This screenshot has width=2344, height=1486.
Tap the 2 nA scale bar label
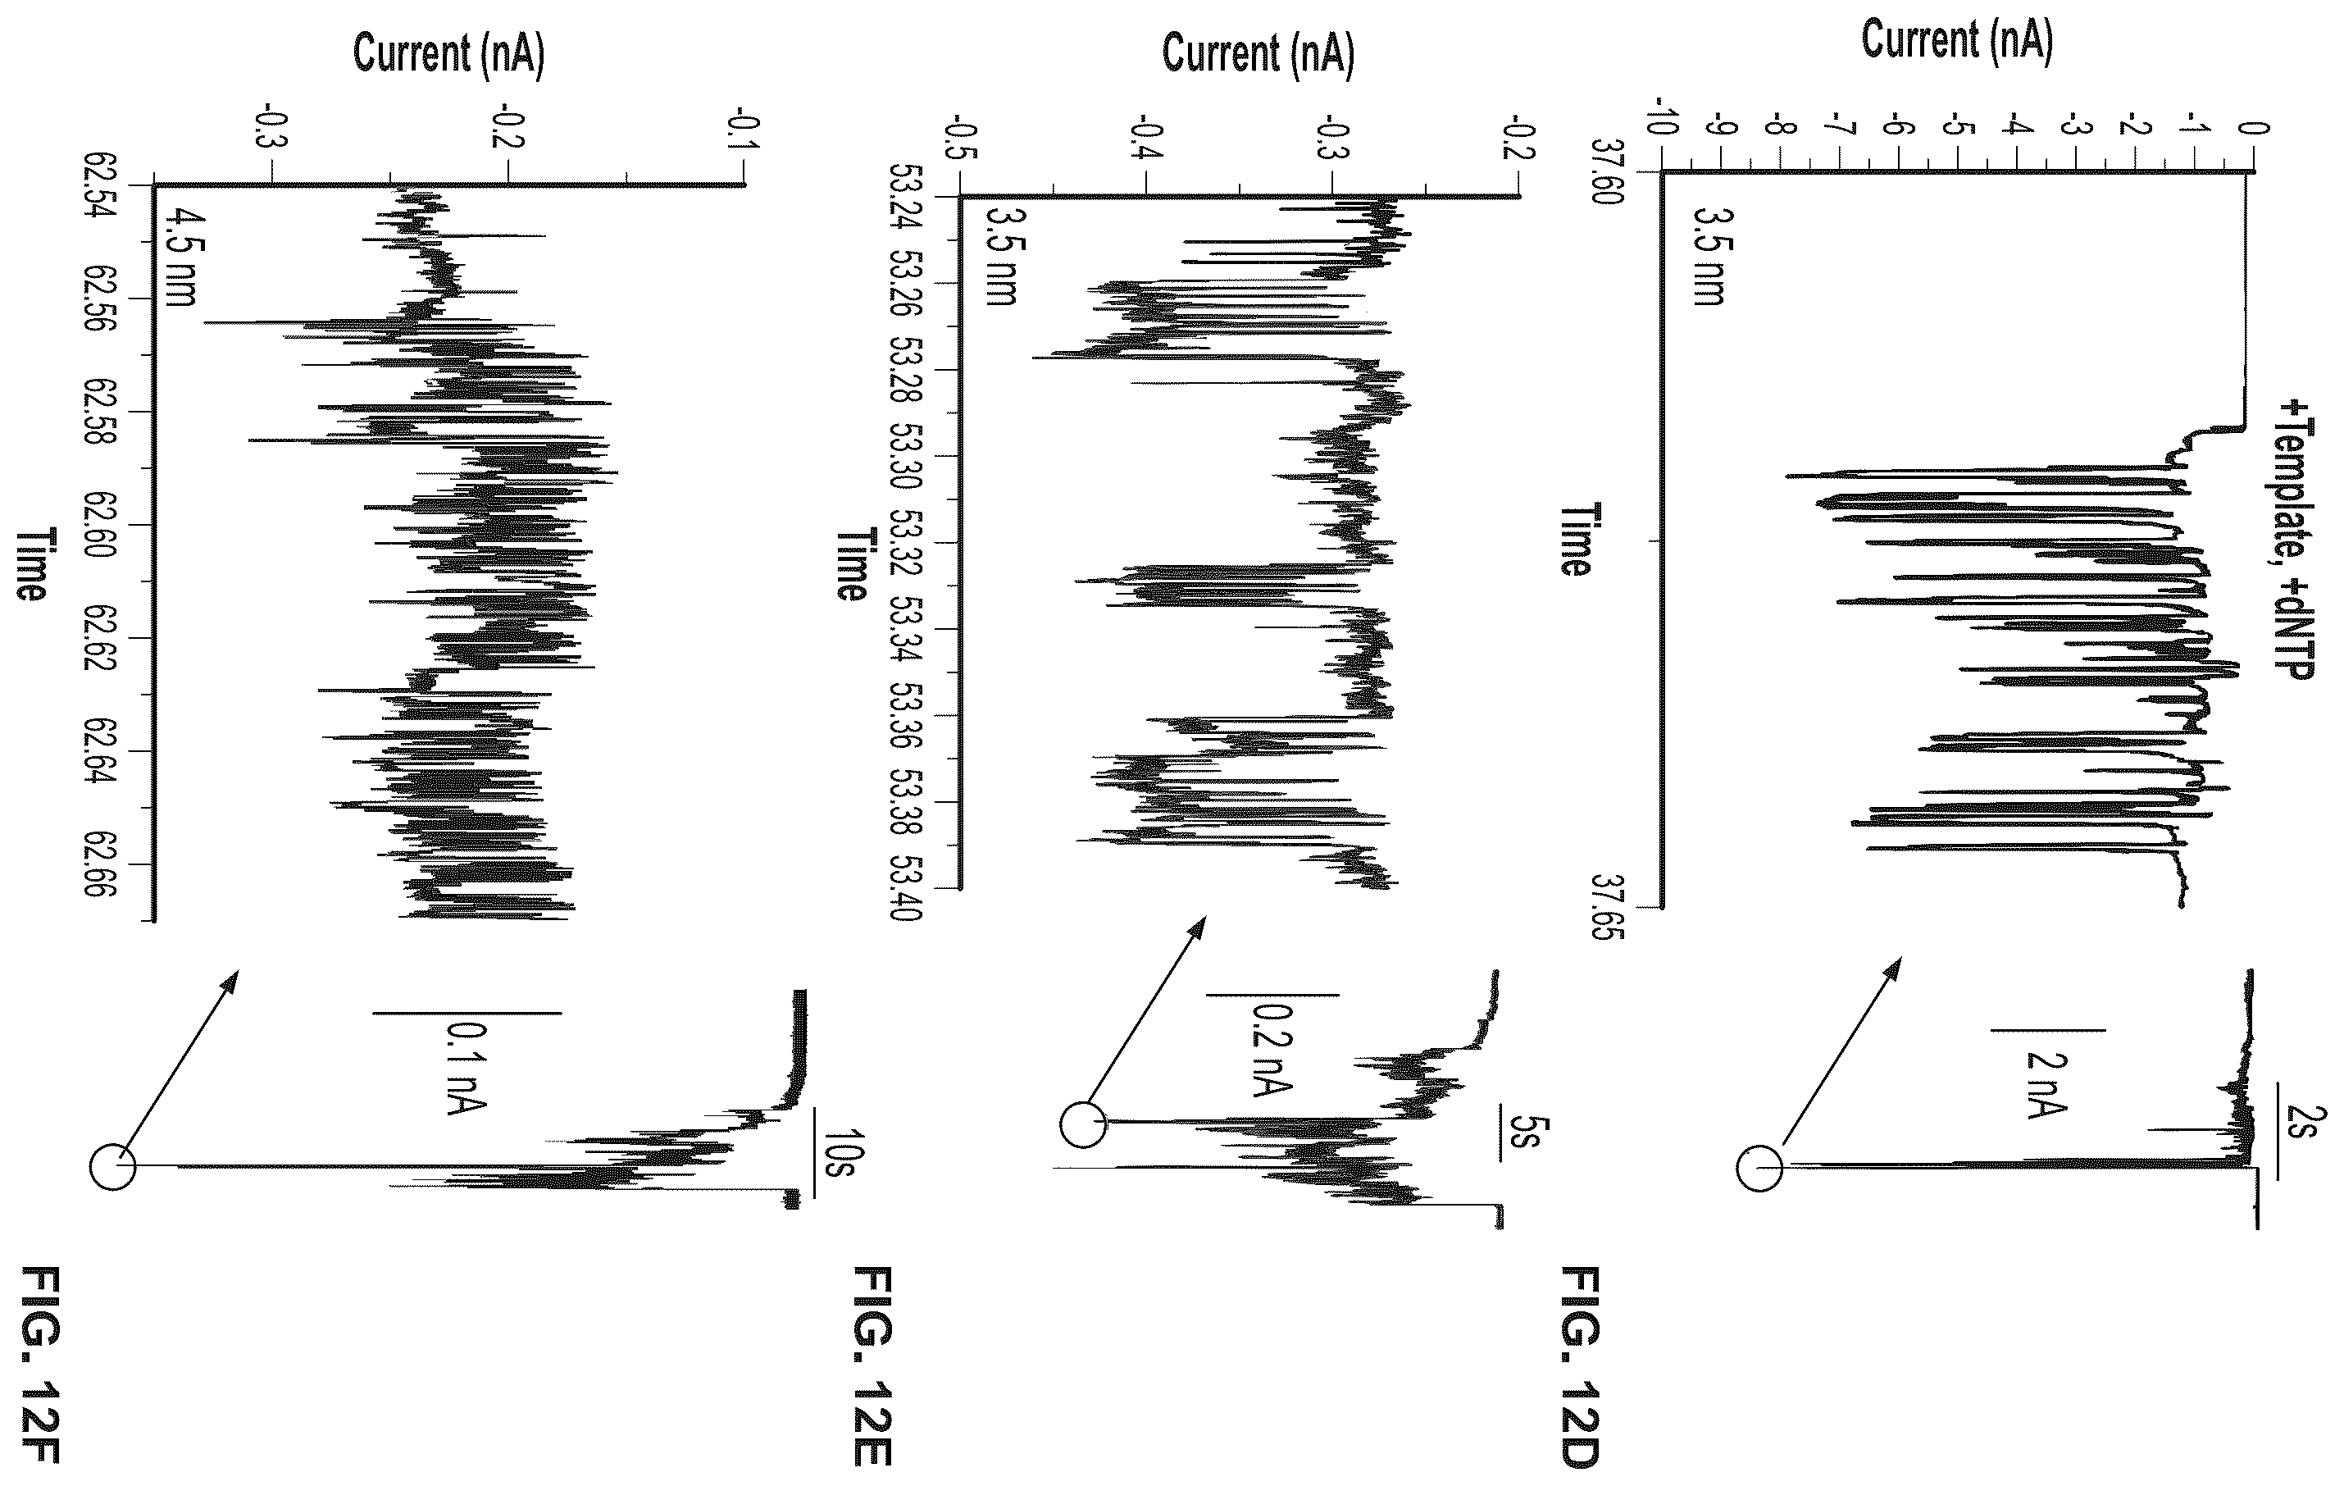click(2046, 1086)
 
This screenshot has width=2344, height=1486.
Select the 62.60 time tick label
click(101, 526)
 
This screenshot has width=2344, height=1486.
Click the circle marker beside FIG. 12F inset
click(112, 1165)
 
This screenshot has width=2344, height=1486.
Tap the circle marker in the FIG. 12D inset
click(1758, 1167)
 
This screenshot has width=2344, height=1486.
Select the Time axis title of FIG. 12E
click(851, 565)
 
